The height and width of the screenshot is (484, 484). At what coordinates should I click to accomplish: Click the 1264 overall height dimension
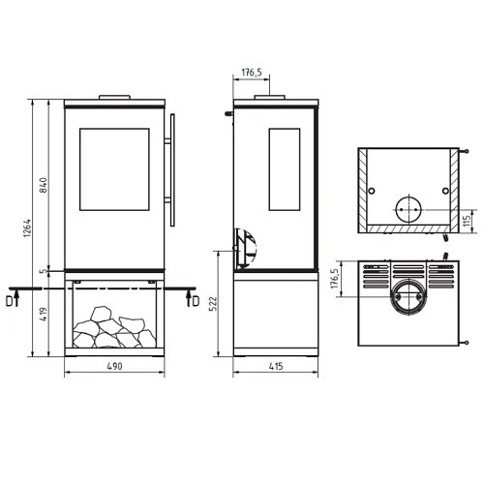click(29, 234)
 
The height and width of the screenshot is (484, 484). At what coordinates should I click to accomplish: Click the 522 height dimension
click(222, 305)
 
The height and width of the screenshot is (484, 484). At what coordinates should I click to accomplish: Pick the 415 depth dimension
click(275, 369)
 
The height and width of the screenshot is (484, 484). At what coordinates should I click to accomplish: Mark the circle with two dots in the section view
click(407, 210)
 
